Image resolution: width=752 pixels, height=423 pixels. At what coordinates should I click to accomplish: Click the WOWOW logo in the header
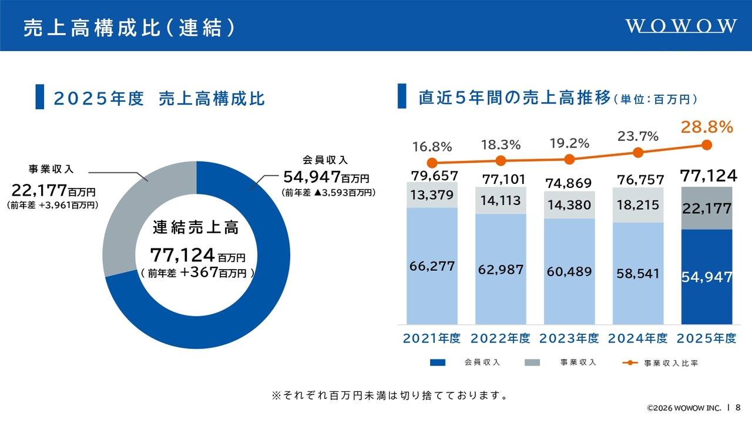pyautogui.click(x=681, y=26)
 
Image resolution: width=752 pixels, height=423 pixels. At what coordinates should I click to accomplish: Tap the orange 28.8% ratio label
pyautogui.click(x=707, y=127)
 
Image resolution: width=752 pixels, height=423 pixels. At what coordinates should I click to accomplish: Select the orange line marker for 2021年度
pyautogui.click(x=432, y=163)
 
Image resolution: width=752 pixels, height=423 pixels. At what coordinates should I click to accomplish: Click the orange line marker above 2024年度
pyautogui.click(x=638, y=153)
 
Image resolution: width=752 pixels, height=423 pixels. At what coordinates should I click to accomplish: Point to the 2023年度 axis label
pyautogui.click(x=569, y=338)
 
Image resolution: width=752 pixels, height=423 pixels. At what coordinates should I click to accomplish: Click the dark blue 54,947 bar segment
pyautogui.click(x=707, y=277)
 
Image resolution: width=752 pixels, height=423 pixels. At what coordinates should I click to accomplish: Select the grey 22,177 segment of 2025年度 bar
pyautogui.click(x=707, y=208)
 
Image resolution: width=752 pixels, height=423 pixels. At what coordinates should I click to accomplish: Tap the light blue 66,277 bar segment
pyautogui.click(x=432, y=266)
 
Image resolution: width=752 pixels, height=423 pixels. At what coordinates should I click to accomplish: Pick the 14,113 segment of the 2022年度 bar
pyautogui.click(x=501, y=200)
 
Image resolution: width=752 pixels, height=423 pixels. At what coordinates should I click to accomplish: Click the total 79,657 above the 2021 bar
pyautogui.click(x=434, y=176)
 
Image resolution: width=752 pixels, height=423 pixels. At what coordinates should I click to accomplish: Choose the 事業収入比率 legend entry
pyautogui.click(x=660, y=363)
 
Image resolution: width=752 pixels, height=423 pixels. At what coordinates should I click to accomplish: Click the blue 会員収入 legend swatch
pyautogui.click(x=438, y=362)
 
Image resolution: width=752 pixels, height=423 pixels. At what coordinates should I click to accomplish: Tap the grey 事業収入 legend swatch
pyautogui.click(x=532, y=362)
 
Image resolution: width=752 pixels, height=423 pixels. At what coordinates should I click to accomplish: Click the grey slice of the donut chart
pyautogui.click(x=124, y=218)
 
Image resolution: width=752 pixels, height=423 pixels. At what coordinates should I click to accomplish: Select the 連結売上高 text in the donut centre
pyautogui.click(x=196, y=227)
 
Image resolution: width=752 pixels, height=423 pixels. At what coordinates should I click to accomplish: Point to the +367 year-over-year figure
pyautogui.click(x=199, y=272)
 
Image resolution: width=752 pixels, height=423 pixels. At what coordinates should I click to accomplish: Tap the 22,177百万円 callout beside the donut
pyautogui.click(x=53, y=191)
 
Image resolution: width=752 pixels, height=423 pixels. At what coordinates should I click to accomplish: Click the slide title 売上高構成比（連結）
pyautogui.click(x=129, y=27)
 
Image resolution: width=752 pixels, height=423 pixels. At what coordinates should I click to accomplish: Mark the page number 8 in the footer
pyautogui.click(x=738, y=407)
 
